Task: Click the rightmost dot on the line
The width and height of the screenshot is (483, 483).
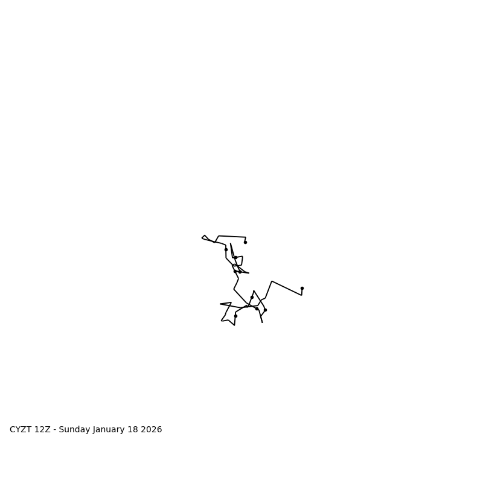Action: coord(302,288)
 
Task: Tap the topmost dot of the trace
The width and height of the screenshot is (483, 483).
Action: coord(245,242)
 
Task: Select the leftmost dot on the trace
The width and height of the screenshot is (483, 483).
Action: coord(226,249)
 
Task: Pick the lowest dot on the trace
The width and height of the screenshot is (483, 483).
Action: coord(235,316)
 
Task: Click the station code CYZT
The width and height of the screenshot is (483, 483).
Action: coord(21,430)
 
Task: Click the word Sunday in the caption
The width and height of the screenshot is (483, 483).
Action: coord(75,430)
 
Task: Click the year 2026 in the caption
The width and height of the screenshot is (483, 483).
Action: coord(153,430)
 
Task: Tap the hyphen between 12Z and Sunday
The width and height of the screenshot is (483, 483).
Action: coord(55,430)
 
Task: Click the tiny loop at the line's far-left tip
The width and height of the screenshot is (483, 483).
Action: coord(204,237)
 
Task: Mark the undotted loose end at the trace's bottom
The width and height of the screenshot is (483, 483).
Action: coord(262,322)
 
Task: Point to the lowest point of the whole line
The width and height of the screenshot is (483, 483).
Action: coord(234,325)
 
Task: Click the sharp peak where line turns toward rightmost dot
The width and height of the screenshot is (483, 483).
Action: coord(272,281)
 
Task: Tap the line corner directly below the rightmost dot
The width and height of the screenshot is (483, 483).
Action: coord(301,295)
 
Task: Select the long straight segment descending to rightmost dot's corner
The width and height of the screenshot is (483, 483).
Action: coord(287,288)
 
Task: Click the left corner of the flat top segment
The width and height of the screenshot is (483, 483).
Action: coord(219,236)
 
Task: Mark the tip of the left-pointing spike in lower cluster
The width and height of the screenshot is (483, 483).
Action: coord(220,304)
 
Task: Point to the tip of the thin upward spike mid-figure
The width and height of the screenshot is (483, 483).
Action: coord(231,244)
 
